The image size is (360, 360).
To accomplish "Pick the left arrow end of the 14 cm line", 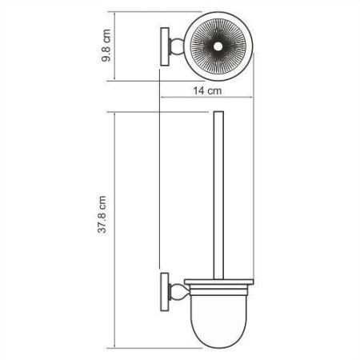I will click(x=163, y=100).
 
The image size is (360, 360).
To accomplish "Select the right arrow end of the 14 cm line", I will click(x=257, y=100).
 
